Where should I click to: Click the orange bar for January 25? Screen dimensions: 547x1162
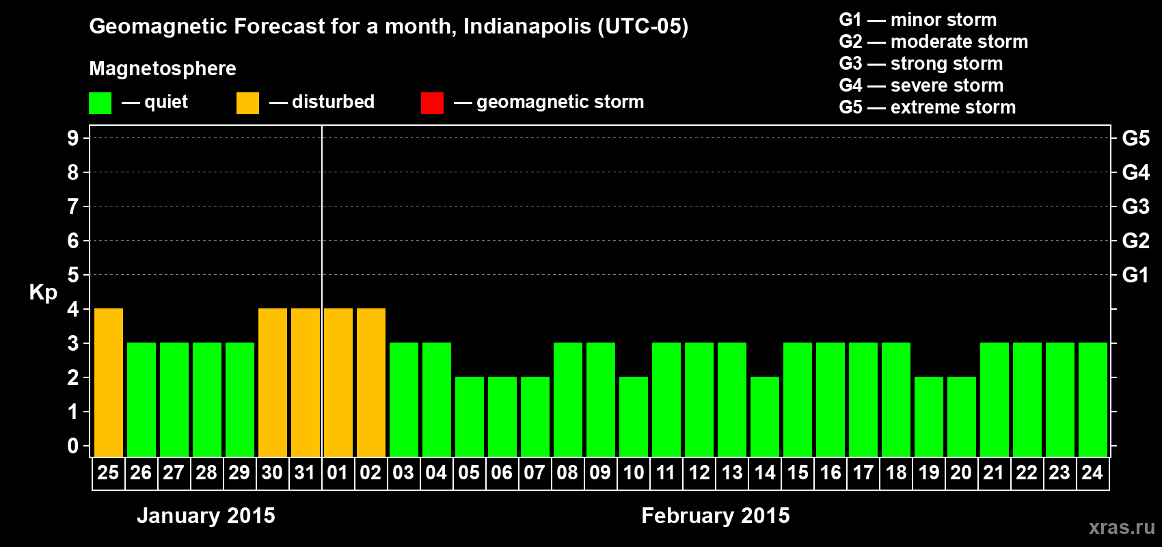tap(109, 382)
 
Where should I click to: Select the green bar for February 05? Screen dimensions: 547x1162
tap(470, 416)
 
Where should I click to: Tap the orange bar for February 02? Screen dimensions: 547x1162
tap(371, 382)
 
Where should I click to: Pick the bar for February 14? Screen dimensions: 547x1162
tap(765, 416)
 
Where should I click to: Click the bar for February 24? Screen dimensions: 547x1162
tap(1093, 399)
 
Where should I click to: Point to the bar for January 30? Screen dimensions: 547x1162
tap(273, 382)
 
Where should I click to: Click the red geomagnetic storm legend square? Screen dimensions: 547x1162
tap(432, 103)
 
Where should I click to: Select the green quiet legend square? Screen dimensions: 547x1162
tap(100, 103)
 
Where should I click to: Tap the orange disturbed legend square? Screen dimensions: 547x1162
tap(247, 103)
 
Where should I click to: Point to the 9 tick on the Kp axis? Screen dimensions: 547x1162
tap(73, 138)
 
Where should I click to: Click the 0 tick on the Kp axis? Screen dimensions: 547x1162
tap(73, 446)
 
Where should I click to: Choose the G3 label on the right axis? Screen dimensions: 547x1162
tap(1135, 206)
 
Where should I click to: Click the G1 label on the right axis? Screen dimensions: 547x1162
tap(1135, 275)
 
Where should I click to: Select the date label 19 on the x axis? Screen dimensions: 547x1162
tap(929, 473)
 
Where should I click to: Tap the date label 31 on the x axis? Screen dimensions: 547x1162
tap(305, 473)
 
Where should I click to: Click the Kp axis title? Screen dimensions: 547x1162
tap(43, 293)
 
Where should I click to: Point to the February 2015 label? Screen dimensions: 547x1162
tap(716, 516)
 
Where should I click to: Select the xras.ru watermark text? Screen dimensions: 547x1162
tap(1122, 527)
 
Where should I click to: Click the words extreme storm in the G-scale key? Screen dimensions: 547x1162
tap(953, 107)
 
